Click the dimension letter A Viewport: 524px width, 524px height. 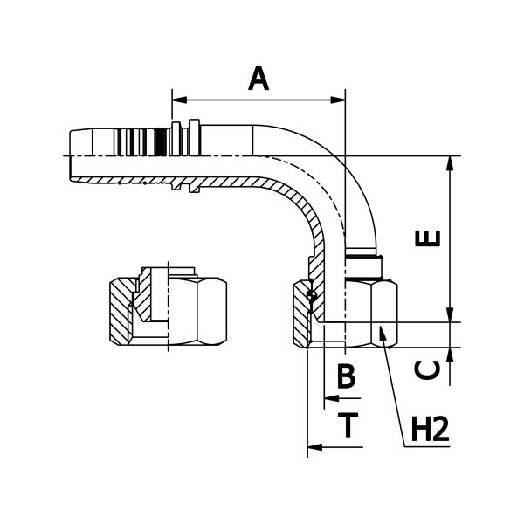(259, 79)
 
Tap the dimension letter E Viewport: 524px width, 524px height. (428, 238)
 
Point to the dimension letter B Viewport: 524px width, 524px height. (346, 376)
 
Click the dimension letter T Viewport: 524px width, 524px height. (348, 424)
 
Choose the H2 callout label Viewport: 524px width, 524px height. (430, 429)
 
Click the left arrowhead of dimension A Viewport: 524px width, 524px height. (179, 100)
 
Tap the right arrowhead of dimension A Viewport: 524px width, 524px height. (338, 100)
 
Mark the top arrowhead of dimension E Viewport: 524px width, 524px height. (450, 164)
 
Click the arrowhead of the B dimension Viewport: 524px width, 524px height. (332, 398)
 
